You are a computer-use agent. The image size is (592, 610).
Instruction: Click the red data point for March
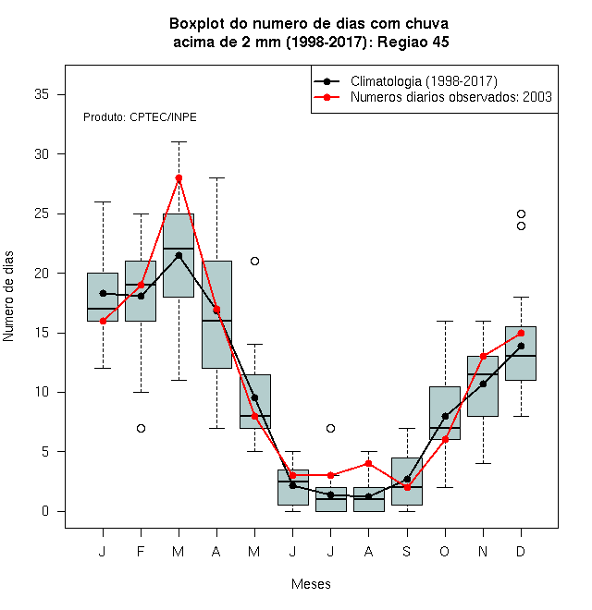tap(179, 177)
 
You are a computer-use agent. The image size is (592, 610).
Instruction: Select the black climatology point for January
tap(103, 293)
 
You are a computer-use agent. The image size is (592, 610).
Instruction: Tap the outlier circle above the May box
tap(254, 261)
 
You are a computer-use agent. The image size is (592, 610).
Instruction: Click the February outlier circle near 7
tap(141, 428)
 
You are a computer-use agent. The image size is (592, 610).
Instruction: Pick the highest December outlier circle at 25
tap(521, 214)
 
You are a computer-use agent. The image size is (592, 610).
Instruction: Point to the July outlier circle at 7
tap(330, 428)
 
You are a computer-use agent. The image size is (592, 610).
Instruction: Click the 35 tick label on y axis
tap(42, 94)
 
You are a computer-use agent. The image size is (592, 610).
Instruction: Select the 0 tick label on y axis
tap(45, 511)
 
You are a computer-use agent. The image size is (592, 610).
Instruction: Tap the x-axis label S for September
tap(407, 551)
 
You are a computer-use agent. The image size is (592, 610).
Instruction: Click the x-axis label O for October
tap(444, 551)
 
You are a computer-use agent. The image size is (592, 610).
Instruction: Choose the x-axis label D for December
tap(521, 551)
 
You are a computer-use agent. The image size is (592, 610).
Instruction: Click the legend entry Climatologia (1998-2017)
tap(424, 81)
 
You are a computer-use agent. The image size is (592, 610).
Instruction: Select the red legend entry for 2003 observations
tap(451, 97)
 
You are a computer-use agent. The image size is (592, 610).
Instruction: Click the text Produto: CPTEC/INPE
tap(140, 117)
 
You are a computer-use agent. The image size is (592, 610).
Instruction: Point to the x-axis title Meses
tap(311, 584)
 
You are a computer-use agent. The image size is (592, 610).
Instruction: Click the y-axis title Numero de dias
tap(8, 297)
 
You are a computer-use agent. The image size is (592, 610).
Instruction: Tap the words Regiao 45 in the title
tap(413, 42)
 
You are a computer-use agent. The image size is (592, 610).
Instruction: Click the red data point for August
tap(368, 463)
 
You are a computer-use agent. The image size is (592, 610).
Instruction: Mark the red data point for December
tap(521, 333)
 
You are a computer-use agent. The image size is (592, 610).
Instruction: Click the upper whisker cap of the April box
tap(217, 177)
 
